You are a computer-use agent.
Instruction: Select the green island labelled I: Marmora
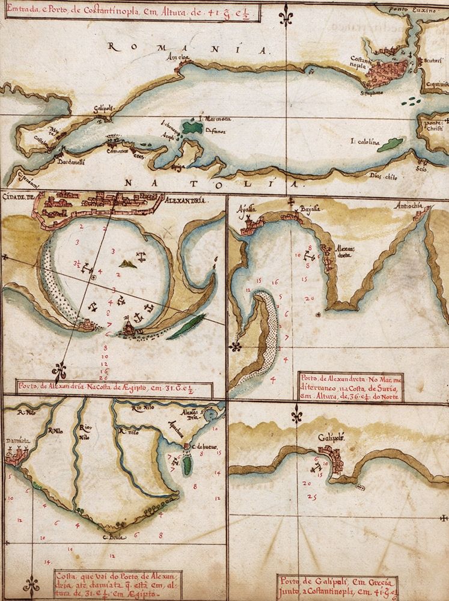(x=192, y=128)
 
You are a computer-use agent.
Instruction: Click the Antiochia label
(x=409, y=207)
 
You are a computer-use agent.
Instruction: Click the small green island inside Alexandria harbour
(x=127, y=263)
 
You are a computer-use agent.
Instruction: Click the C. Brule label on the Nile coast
(x=113, y=537)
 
